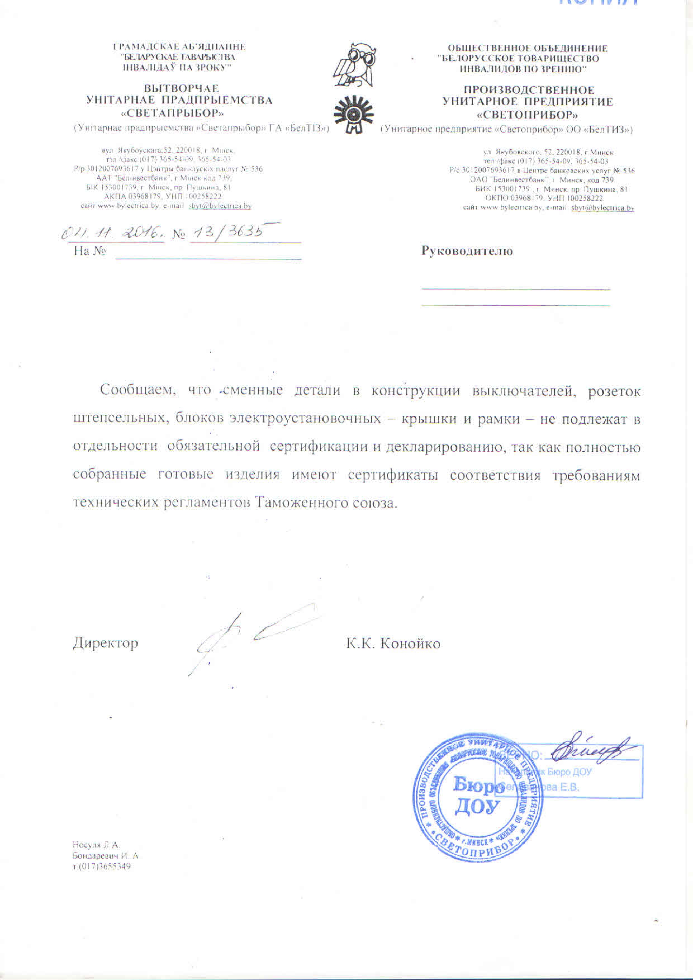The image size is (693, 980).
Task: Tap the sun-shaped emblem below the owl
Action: tap(353, 114)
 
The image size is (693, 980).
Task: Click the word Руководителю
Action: tap(467, 251)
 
